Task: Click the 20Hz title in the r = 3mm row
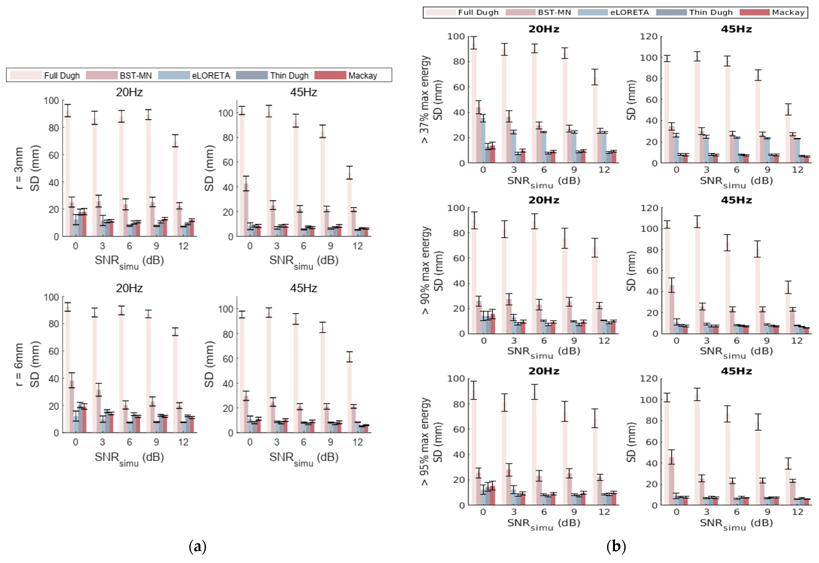tap(129, 92)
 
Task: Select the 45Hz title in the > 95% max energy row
tap(736, 371)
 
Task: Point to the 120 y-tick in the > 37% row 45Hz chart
tap(649, 37)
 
